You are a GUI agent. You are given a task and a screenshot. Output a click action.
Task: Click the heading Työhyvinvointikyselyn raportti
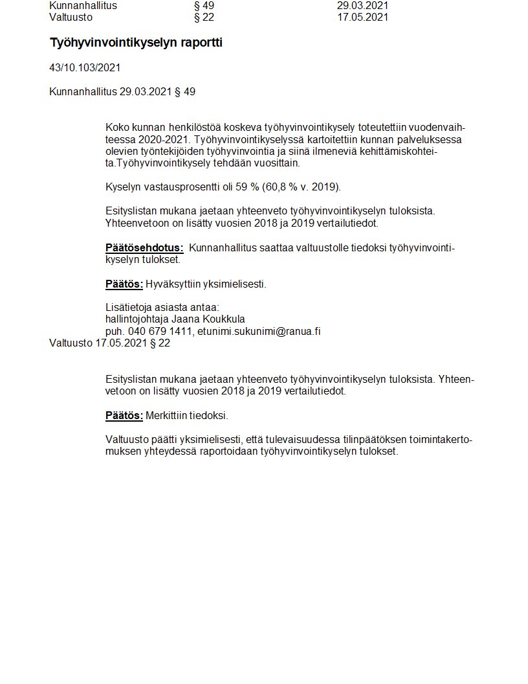[136, 43]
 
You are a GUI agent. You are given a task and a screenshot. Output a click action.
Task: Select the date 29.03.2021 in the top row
[362, 6]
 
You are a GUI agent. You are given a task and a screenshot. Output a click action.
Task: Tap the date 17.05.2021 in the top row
[362, 17]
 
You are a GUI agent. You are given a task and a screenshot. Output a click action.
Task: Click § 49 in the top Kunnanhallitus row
[204, 6]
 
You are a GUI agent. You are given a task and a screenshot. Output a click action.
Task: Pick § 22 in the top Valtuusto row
[204, 17]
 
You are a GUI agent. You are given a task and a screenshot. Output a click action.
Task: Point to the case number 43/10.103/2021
[85, 68]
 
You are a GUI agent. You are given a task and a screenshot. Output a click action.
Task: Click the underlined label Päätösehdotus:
[144, 248]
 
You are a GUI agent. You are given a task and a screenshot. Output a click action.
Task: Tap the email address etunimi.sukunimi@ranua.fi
[259, 332]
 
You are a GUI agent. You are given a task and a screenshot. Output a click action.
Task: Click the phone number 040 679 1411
[160, 332]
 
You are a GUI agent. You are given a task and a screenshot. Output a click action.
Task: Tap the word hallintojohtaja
[137, 319]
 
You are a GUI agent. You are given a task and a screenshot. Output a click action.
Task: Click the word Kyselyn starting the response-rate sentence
[122, 188]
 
